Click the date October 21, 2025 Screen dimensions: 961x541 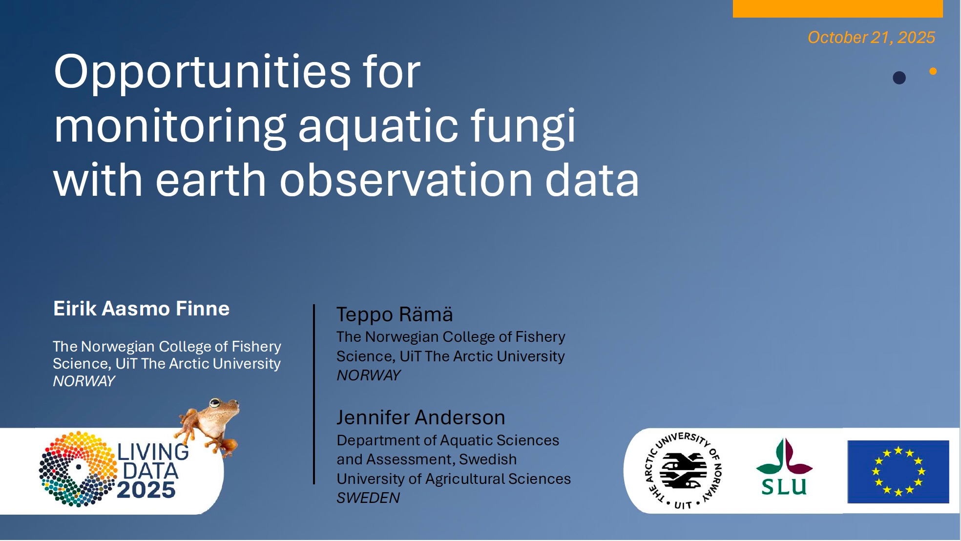871,38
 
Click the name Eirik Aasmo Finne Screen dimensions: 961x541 141,309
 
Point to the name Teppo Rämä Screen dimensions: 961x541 395,314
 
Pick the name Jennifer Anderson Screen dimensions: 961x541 421,417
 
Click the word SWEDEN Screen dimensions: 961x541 368,498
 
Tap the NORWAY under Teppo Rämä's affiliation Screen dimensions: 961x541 369,375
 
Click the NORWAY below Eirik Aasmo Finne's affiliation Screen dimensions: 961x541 84,381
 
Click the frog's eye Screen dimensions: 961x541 215,403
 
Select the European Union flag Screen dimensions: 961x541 898,472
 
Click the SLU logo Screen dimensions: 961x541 784,467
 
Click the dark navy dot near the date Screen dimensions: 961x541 899,78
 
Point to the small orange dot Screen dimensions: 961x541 933,71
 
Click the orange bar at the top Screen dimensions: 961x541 837,9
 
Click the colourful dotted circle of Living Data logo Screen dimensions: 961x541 78,469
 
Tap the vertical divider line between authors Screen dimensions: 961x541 314,395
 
